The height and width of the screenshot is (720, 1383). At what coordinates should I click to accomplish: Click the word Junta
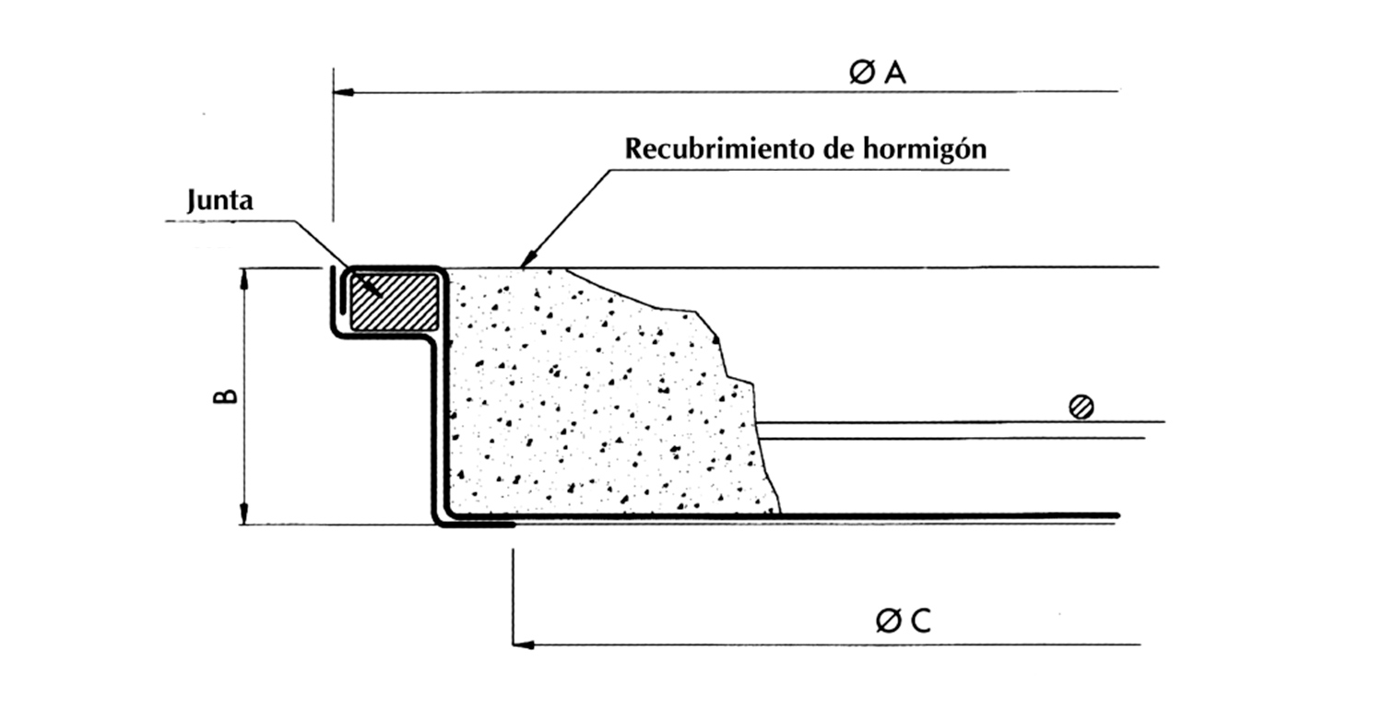219,202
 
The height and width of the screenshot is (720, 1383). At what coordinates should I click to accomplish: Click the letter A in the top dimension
894,75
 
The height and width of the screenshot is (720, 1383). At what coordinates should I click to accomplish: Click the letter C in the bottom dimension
919,623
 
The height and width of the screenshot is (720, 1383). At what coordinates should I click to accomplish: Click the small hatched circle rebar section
1082,407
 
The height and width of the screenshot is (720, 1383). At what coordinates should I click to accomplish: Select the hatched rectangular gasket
395,301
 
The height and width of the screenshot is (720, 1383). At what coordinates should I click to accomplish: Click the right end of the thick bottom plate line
1116,514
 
